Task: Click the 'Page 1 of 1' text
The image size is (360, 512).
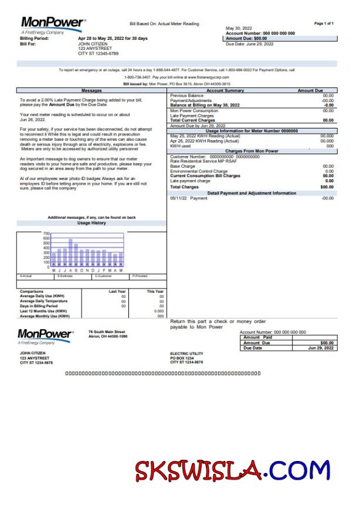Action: [x=324, y=23]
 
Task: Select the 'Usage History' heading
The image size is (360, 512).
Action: [x=91, y=223]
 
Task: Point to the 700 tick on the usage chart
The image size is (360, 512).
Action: [x=46, y=233]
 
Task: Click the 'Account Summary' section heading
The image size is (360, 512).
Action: [x=225, y=91]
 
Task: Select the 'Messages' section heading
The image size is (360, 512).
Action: [x=91, y=91]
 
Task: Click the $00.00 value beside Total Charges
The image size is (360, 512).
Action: [x=327, y=187]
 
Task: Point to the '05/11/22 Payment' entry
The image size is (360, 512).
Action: [x=189, y=198]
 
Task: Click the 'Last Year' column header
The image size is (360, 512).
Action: [x=117, y=291]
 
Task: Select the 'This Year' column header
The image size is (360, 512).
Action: [x=155, y=291]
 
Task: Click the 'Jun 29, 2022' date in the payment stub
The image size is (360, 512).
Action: [x=321, y=348]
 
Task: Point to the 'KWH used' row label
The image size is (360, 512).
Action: [x=180, y=145]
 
